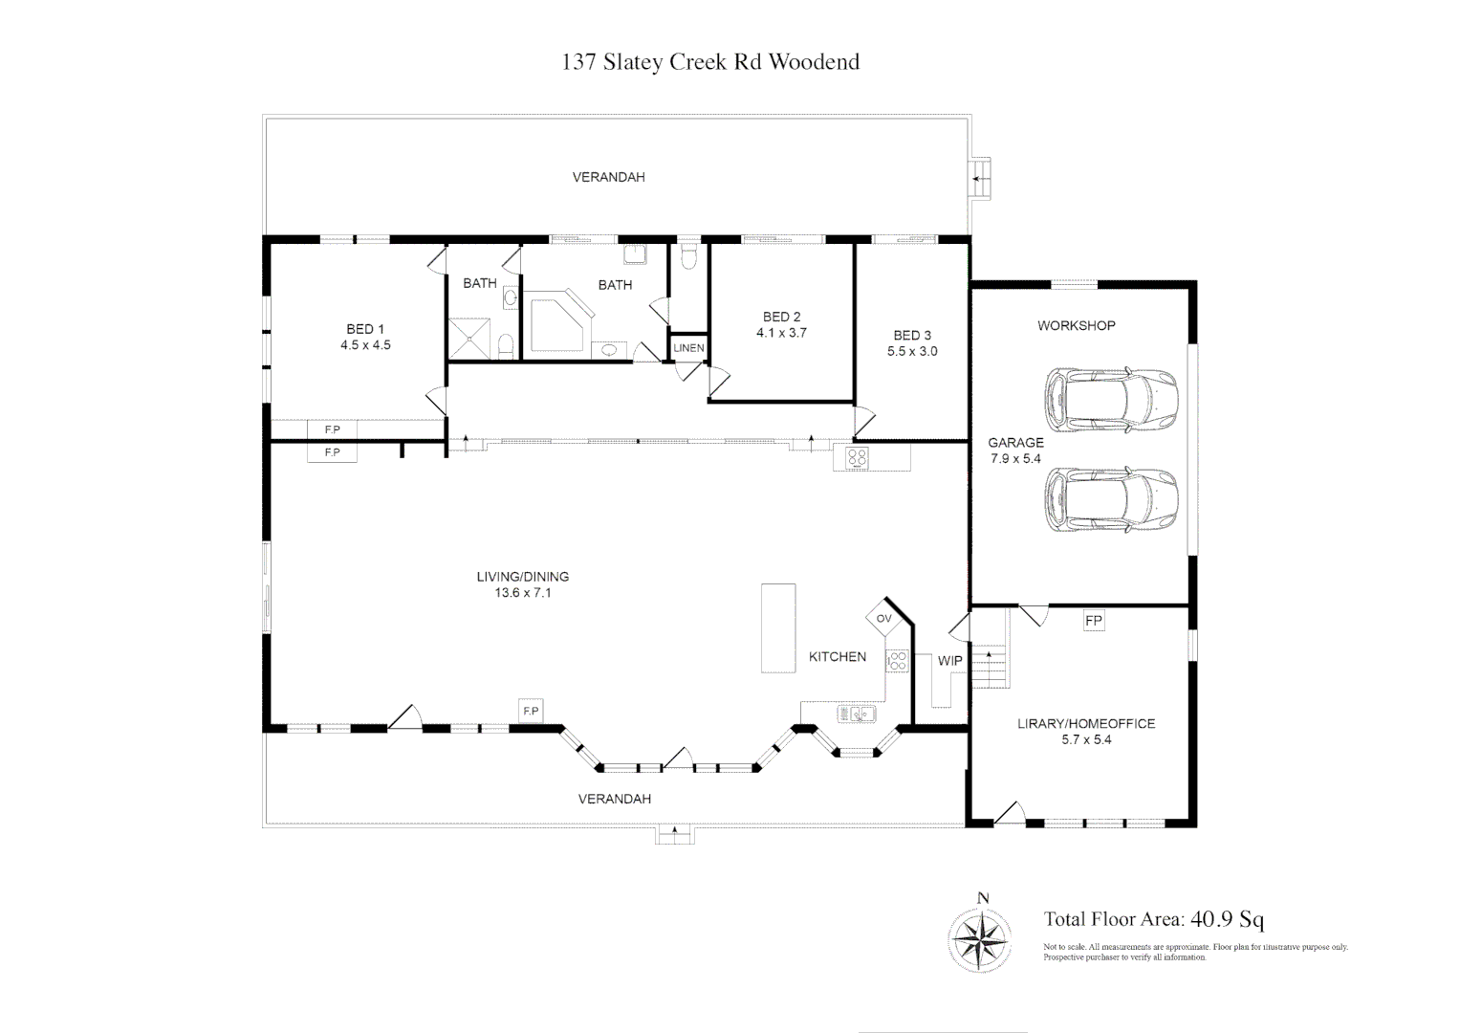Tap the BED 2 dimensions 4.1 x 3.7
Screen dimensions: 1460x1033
[x=781, y=333]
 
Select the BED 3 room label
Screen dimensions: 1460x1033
[x=912, y=335]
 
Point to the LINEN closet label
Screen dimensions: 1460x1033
[x=689, y=348]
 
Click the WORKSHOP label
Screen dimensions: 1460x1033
[x=1076, y=325]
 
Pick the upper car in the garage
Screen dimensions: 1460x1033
[x=1111, y=401]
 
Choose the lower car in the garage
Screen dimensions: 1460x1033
[x=1111, y=499]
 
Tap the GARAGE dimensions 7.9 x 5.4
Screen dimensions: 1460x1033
[x=1015, y=458]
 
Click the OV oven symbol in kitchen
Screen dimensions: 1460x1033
[x=883, y=618]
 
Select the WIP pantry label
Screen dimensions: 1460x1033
[x=949, y=661]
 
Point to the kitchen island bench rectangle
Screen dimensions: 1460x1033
[x=778, y=628]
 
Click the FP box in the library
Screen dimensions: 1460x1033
[x=1094, y=621]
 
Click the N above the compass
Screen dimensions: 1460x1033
[x=983, y=898]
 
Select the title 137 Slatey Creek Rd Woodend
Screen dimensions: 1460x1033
[x=710, y=62]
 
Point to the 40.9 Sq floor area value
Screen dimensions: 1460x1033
[x=1228, y=919]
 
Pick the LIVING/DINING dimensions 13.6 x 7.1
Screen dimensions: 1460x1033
[x=523, y=593]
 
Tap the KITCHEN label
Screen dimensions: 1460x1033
[x=838, y=657]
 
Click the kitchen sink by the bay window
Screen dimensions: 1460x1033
[x=857, y=714]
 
